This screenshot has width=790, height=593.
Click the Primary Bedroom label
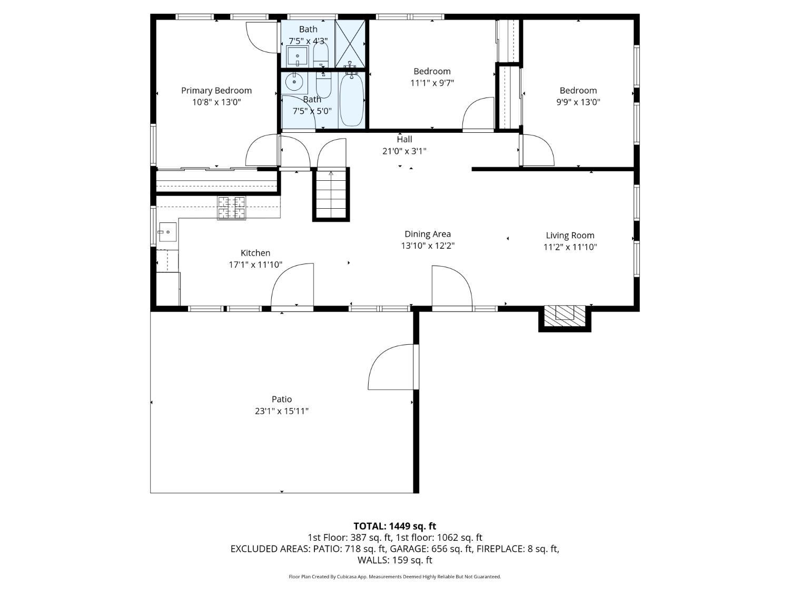[x=216, y=91]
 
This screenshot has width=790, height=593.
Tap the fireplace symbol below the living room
[x=565, y=314]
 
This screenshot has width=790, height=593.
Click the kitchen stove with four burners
[x=232, y=208]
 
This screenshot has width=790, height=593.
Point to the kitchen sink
[x=167, y=232]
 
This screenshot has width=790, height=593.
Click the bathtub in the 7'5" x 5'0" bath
[x=351, y=100]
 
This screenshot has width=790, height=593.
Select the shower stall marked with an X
[x=350, y=43]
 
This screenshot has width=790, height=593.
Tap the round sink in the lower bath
[x=294, y=83]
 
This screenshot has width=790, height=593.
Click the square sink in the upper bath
[x=297, y=55]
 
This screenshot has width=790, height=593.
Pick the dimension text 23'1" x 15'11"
[x=282, y=411]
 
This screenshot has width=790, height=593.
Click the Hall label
[x=404, y=140]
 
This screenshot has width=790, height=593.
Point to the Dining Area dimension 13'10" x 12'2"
[x=427, y=246]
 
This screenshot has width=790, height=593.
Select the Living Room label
[x=570, y=236]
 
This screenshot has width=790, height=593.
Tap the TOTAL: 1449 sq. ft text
[x=394, y=526]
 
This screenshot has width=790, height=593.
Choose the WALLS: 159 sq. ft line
[x=394, y=560]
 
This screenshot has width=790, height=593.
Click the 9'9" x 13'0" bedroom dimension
[x=578, y=102]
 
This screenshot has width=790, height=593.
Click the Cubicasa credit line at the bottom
[x=394, y=577]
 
